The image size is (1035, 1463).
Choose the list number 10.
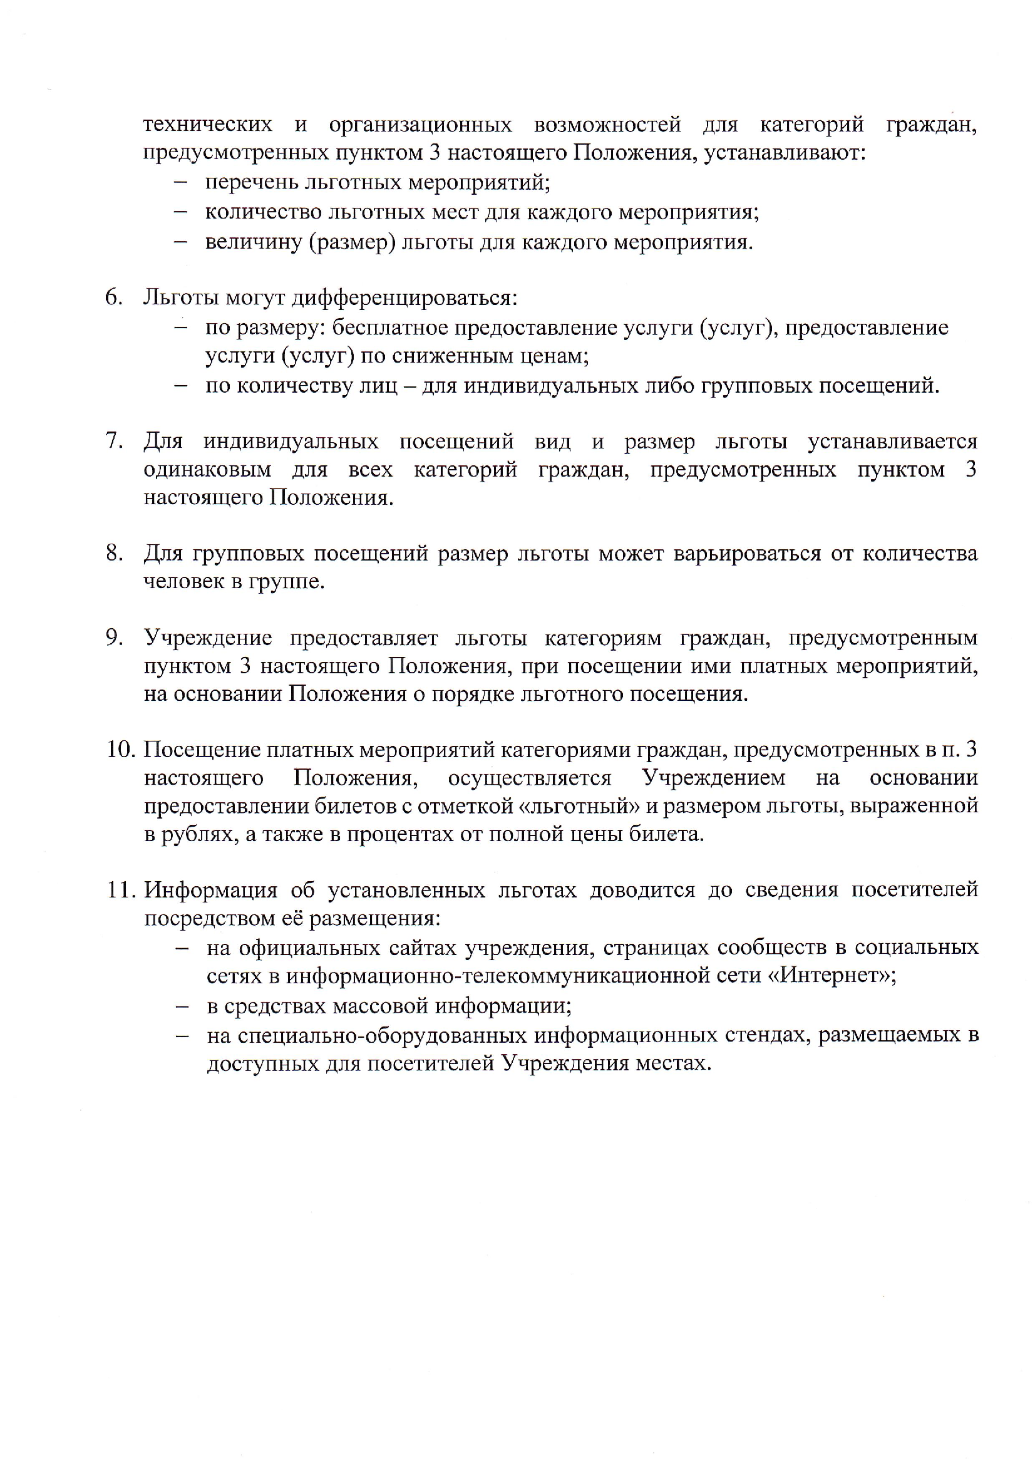click(x=120, y=750)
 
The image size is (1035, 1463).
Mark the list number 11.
click(x=120, y=889)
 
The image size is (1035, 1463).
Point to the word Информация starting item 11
click(x=210, y=889)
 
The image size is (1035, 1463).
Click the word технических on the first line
click(x=208, y=124)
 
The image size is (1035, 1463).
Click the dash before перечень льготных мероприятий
click(x=180, y=182)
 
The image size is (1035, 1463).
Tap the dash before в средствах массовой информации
click(x=182, y=1006)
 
